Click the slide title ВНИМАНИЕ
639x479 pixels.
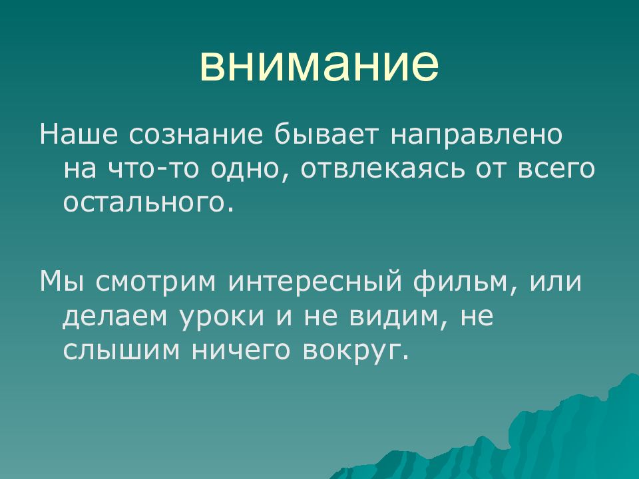point(319,65)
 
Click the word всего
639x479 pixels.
point(556,169)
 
